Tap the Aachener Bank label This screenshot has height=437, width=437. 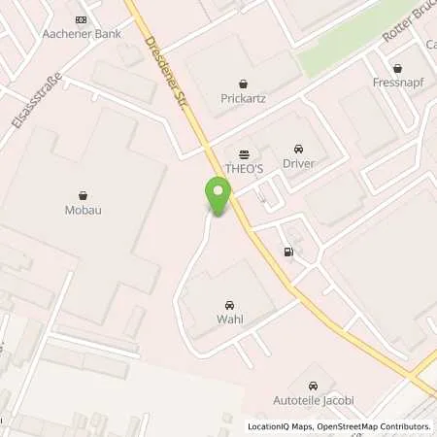point(80,34)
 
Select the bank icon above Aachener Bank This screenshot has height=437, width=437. point(80,19)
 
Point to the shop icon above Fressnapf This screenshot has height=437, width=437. point(397,68)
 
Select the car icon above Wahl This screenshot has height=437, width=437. point(230,303)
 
